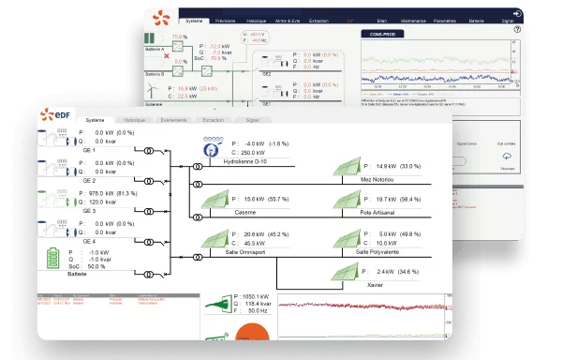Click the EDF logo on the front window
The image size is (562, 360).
click(x=60, y=115)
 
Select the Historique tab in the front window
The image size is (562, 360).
click(x=134, y=121)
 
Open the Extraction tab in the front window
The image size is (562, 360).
click(x=213, y=121)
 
